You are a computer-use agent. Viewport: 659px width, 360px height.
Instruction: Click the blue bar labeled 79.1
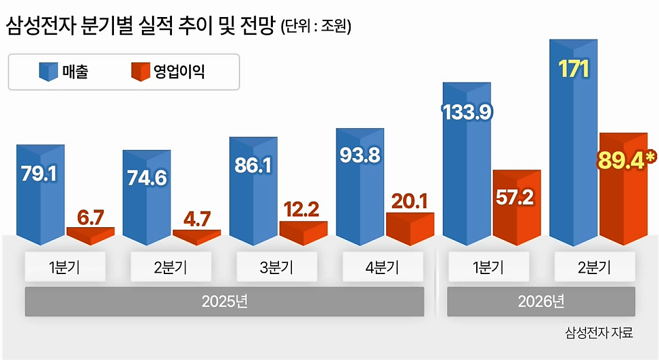coord(40,195)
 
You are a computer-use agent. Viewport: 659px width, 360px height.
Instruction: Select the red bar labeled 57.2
coord(516,207)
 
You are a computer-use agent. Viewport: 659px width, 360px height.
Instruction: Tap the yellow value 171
coord(574,70)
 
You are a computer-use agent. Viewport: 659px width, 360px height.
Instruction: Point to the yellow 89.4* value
coord(626,160)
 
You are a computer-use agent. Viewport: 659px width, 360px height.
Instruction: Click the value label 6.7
coord(90,217)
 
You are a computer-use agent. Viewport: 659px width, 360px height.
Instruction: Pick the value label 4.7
coord(196,220)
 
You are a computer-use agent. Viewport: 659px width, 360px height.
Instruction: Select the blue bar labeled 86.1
coord(253,191)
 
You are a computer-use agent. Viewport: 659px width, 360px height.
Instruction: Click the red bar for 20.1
coord(410,229)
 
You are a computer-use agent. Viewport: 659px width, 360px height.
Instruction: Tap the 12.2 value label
coord(301,209)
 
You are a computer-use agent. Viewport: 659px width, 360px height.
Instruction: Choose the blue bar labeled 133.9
coord(467,164)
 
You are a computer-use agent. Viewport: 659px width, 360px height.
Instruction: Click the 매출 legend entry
coord(63,72)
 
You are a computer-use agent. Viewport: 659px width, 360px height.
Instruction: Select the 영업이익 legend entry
coord(168,72)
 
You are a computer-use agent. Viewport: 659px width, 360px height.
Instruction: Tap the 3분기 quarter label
coord(277,267)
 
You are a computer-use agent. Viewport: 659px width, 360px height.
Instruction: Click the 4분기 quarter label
coord(383,267)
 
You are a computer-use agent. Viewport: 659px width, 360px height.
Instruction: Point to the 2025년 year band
coord(224,301)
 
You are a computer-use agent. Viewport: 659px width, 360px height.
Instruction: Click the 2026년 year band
coord(541,301)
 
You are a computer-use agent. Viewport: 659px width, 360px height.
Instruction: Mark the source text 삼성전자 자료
coord(599,333)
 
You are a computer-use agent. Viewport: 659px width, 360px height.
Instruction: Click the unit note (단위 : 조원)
coord(316,26)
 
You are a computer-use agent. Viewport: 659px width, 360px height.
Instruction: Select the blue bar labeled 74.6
coord(147,198)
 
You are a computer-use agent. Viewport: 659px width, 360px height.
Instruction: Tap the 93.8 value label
coord(360,155)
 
